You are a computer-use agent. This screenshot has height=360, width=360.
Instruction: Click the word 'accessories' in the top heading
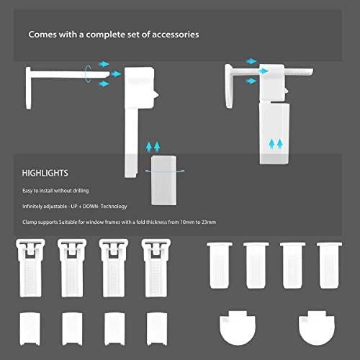click(176, 35)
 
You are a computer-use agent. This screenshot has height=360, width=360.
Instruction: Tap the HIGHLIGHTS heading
click(45, 173)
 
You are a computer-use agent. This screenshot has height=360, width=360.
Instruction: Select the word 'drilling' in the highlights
click(81, 191)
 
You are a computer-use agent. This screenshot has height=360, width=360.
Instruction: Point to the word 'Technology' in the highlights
click(114, 207)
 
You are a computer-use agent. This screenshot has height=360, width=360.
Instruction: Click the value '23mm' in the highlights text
click(209, 222)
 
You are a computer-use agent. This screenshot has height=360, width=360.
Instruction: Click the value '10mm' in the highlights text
click(187, 222)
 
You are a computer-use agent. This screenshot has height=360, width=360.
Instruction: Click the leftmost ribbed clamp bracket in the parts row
click(30, 268)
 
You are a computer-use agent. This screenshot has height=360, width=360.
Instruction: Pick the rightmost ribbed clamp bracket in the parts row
click(156, 268)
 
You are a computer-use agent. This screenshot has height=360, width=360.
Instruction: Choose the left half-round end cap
click(238, 328)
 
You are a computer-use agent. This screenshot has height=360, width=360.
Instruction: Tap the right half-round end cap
click(317, 328)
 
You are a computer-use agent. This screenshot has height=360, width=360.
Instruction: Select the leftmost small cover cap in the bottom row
click(30, 329)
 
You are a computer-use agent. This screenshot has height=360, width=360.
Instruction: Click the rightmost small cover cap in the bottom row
click(157, 329)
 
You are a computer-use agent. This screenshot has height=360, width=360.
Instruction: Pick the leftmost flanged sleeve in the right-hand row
click(220, 265)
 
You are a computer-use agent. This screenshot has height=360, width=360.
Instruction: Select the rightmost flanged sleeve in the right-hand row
click(330, 265)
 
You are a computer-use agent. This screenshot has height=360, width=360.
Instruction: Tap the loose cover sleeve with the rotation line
click(164, 181)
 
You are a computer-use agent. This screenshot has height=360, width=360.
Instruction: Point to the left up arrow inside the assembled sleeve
click(271, 144)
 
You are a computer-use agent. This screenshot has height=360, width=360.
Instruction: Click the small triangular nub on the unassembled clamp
click(156, 94)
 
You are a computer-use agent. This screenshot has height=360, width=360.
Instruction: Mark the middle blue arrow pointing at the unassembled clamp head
click(116, 74)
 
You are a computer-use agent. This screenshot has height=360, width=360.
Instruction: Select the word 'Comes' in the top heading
click(42, 35)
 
